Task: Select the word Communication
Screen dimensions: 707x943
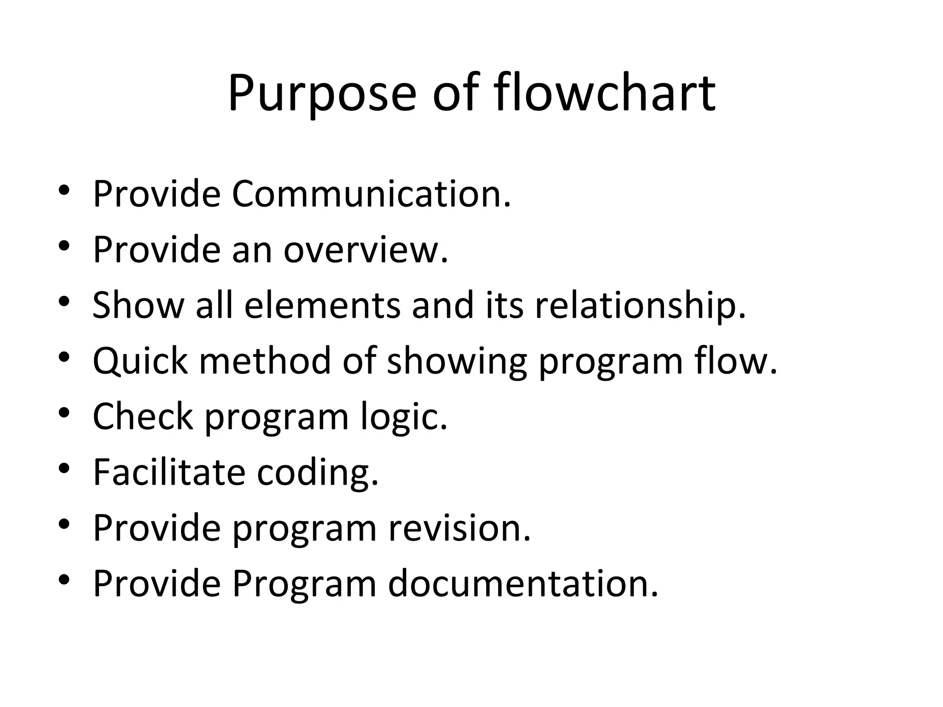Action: click(371, 194)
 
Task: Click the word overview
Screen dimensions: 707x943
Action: click(366, 249)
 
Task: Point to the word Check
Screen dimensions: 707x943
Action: click(143, 416)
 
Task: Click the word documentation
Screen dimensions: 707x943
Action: click(523, 583)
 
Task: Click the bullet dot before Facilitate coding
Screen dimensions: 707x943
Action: click(64, 468)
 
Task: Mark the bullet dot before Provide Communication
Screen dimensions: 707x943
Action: click(64, 190)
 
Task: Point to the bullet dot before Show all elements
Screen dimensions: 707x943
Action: click(64, 301)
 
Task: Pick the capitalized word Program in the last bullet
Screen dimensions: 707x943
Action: click(304, 583)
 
